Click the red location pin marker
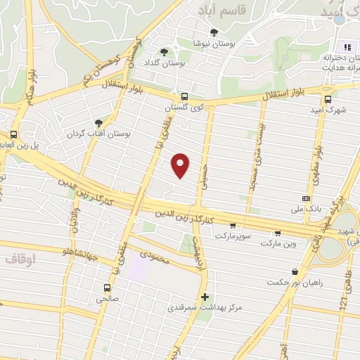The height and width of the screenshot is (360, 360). coord(181,165)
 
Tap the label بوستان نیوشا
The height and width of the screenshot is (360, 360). coord(213,43)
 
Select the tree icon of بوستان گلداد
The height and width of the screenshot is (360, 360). coord(165,52)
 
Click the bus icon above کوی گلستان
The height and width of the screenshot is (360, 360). coord(184,97)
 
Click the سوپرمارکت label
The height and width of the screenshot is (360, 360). coord(232,238)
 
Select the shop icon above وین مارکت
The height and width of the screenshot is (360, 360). coord(278,233)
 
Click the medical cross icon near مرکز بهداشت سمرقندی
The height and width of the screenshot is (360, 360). coord(205,297)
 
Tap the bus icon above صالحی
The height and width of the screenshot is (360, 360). coord(107,288)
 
